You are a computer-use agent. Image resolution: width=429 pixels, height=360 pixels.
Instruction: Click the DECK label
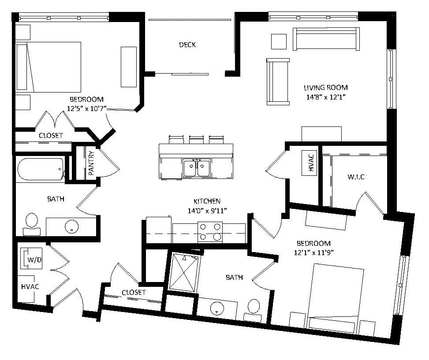[187, 45]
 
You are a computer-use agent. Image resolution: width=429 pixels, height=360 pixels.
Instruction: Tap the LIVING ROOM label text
[325, 88]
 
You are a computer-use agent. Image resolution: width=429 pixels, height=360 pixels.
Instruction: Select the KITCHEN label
[207, 201]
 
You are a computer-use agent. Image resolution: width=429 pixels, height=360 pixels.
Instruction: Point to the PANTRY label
[91, 163]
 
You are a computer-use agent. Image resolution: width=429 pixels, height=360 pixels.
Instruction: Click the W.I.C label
[356, 177]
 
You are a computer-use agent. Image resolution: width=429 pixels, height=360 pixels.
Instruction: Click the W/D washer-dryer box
[31, 258]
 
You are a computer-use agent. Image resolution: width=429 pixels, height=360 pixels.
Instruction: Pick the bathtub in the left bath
[41, 169]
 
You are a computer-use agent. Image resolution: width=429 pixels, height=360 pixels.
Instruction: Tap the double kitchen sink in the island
[197, 167]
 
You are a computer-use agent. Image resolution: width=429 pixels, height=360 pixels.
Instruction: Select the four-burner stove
[210, 232]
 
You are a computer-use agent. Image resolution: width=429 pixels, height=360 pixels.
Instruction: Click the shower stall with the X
[184, 272]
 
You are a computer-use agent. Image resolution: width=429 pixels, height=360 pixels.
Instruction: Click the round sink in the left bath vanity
[72, 226]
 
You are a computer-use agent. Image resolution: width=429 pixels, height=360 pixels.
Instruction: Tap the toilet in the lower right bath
[253, 310]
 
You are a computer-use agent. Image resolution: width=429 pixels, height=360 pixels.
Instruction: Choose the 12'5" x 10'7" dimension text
[87, 108]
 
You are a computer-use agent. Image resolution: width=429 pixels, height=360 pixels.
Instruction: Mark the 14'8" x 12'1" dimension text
[325, 97]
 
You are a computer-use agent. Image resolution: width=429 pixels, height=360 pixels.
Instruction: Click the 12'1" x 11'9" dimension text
[313, 252]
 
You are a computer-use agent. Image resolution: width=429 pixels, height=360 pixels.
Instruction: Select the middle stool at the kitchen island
[197, 140]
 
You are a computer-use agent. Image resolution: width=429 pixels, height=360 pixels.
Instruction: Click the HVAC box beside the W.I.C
[310, 163]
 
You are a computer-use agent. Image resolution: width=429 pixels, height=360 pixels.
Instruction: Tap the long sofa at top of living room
[326, 39]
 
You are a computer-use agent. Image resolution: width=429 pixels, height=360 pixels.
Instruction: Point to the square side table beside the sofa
[279, 41]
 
